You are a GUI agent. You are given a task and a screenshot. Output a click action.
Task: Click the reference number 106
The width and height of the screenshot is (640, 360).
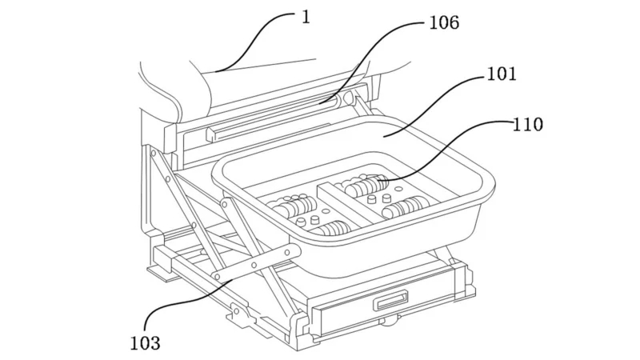[x=444, y=22]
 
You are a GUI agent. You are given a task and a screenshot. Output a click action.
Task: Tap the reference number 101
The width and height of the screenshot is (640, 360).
[x=502, y=74]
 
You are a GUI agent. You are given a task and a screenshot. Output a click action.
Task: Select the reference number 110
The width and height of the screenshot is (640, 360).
[x=527, y=125]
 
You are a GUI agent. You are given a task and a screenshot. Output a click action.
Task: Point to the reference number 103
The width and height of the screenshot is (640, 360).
[x=146, y=343]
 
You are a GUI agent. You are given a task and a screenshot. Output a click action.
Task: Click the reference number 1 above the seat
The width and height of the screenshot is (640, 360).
[x=306, y=17]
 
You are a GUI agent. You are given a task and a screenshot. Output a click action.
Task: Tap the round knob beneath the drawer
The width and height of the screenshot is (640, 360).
[x=390, y=322]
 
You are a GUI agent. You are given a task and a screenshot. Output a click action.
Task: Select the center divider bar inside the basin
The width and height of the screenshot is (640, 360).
[x=346, y=204]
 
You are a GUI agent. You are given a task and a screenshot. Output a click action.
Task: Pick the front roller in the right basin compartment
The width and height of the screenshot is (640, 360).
[x=405, y=207]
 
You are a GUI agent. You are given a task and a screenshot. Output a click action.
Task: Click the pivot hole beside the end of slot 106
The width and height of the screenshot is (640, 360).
[x=347, y=98]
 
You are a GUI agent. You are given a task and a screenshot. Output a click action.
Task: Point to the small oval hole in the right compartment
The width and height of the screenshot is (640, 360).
[x=398, y=190]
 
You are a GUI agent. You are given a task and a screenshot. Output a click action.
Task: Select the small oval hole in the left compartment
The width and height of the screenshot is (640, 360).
[x=326, y=211]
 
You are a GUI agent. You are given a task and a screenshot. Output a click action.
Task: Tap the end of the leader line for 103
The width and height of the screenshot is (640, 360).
[x=233, y=279]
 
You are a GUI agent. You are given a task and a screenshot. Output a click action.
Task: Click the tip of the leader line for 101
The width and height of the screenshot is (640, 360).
[x=384, y=136]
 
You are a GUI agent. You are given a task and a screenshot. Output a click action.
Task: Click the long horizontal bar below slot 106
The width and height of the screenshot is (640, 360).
[x=270, y=131]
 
